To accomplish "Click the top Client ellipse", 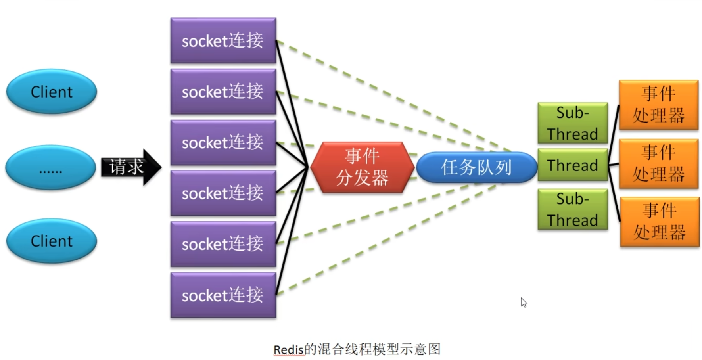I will pos(52,92).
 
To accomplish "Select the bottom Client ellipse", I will pos(52,241).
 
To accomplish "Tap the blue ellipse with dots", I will pos(50,167).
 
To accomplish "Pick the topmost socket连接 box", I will pos(223,40).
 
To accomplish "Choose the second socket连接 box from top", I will pos(223,92).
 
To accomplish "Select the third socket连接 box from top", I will pos(223,142).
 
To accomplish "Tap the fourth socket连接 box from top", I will pos(223,193).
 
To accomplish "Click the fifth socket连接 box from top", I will pos(223,244).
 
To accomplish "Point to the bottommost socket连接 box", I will pos(223,295).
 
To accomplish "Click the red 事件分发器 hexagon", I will pos(362,167).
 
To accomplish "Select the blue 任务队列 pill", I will pos(476,167).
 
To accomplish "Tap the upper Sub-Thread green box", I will pos(572,123).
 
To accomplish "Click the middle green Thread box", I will pos(572,165).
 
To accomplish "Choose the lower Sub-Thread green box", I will pos(572,209).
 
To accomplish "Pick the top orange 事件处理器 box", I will pos(658,105).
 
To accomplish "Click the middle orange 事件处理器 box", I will pos(658,163).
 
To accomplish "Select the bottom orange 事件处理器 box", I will pos(660,222).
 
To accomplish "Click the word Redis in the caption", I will pos(288,350).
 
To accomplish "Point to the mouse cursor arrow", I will pos(524,302).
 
